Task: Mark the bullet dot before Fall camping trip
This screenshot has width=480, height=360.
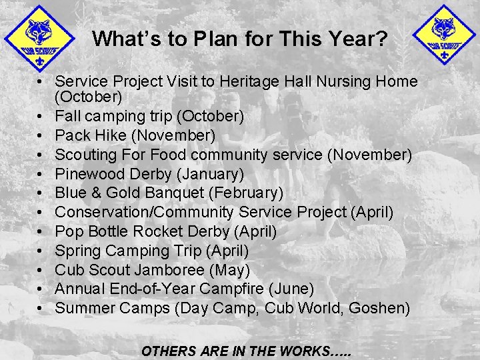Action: [41, 117]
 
